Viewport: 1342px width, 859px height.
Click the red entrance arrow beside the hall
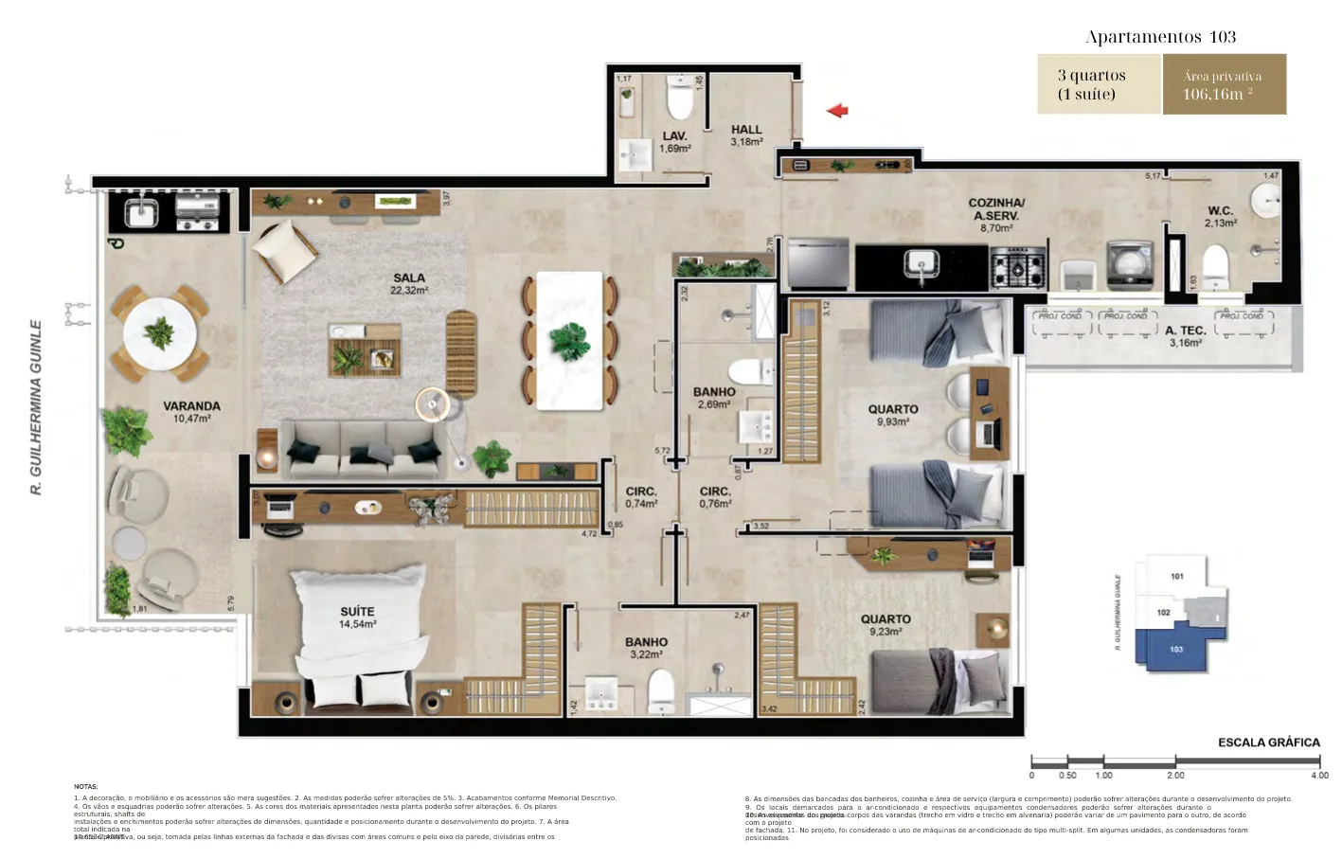pos(837,111)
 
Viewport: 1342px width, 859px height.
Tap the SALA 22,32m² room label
pos(409,283)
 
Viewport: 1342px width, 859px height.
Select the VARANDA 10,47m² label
pos(191,411)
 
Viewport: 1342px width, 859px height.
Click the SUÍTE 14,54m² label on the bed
pos(357,617)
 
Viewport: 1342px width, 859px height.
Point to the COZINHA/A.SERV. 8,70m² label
pos(995,215)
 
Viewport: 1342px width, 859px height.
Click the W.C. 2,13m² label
pos(1220,217)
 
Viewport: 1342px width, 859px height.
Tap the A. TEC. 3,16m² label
pos(1185,336)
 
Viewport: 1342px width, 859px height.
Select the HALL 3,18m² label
pos(746,135)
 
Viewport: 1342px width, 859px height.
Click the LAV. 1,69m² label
pos(674,142)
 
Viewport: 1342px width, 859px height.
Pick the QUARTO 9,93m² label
pos(892,415)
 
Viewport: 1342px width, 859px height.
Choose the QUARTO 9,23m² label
pos(886,624)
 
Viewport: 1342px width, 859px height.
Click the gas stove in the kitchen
pos(1018,267)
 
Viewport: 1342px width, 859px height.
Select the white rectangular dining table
pos(569,340)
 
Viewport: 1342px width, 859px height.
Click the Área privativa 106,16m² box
pos(1224,84)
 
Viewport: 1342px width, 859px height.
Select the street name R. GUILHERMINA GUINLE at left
pos(36,406)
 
